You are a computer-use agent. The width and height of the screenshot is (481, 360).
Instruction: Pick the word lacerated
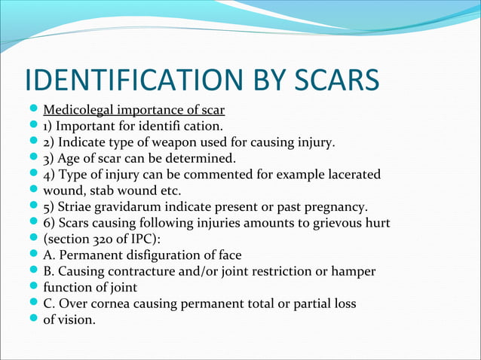354,175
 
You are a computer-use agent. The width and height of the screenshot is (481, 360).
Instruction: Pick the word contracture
152,271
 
